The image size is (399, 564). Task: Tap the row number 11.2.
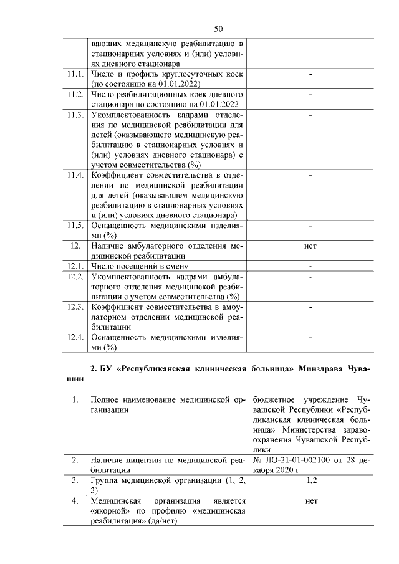pyautogui.click(x=75, y=95)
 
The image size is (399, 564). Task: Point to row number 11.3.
pyautogui.click(x=75, y=115)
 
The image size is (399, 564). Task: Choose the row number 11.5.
pyautogui.click(x=75, y=226)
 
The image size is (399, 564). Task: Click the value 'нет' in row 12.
pyautogui.click(x=310, y=246)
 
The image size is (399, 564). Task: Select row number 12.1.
pyautogui.click(x=75, y=267)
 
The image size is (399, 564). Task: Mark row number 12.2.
pyautogui.click(x=75, y=277)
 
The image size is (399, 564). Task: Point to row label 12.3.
pyautogui.click(x=75, y=307)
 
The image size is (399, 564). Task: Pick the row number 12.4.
pyautogui.click(x=75, y=337)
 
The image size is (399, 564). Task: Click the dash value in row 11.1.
pyautogui.click(x=310, y=75)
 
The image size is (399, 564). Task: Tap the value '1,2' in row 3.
pyautogui.click(x=310, y=480)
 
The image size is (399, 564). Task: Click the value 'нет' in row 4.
pyautogui.click(x=310, y=501)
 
